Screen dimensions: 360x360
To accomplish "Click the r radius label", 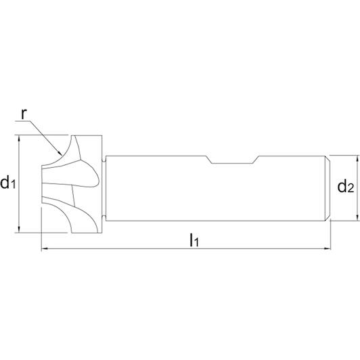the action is (x=24, y=114).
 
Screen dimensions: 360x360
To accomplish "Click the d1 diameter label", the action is (x=8, y=183).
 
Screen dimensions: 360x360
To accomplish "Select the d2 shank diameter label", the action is (x=346, y=187).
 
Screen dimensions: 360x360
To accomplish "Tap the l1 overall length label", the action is (x=194, y=240).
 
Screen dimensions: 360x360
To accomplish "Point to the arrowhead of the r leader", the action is (x=60, y=153).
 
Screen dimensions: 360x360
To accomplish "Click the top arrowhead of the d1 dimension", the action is (x=19, y=138).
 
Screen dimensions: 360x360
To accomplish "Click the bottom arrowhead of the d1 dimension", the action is (x=19, y=229).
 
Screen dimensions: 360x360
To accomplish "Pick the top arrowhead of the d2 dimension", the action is (x=357, y=158).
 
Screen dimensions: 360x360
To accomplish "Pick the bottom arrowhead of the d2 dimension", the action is (x=357, y=218).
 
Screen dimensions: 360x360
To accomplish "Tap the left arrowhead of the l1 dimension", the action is (x=45, y=248).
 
